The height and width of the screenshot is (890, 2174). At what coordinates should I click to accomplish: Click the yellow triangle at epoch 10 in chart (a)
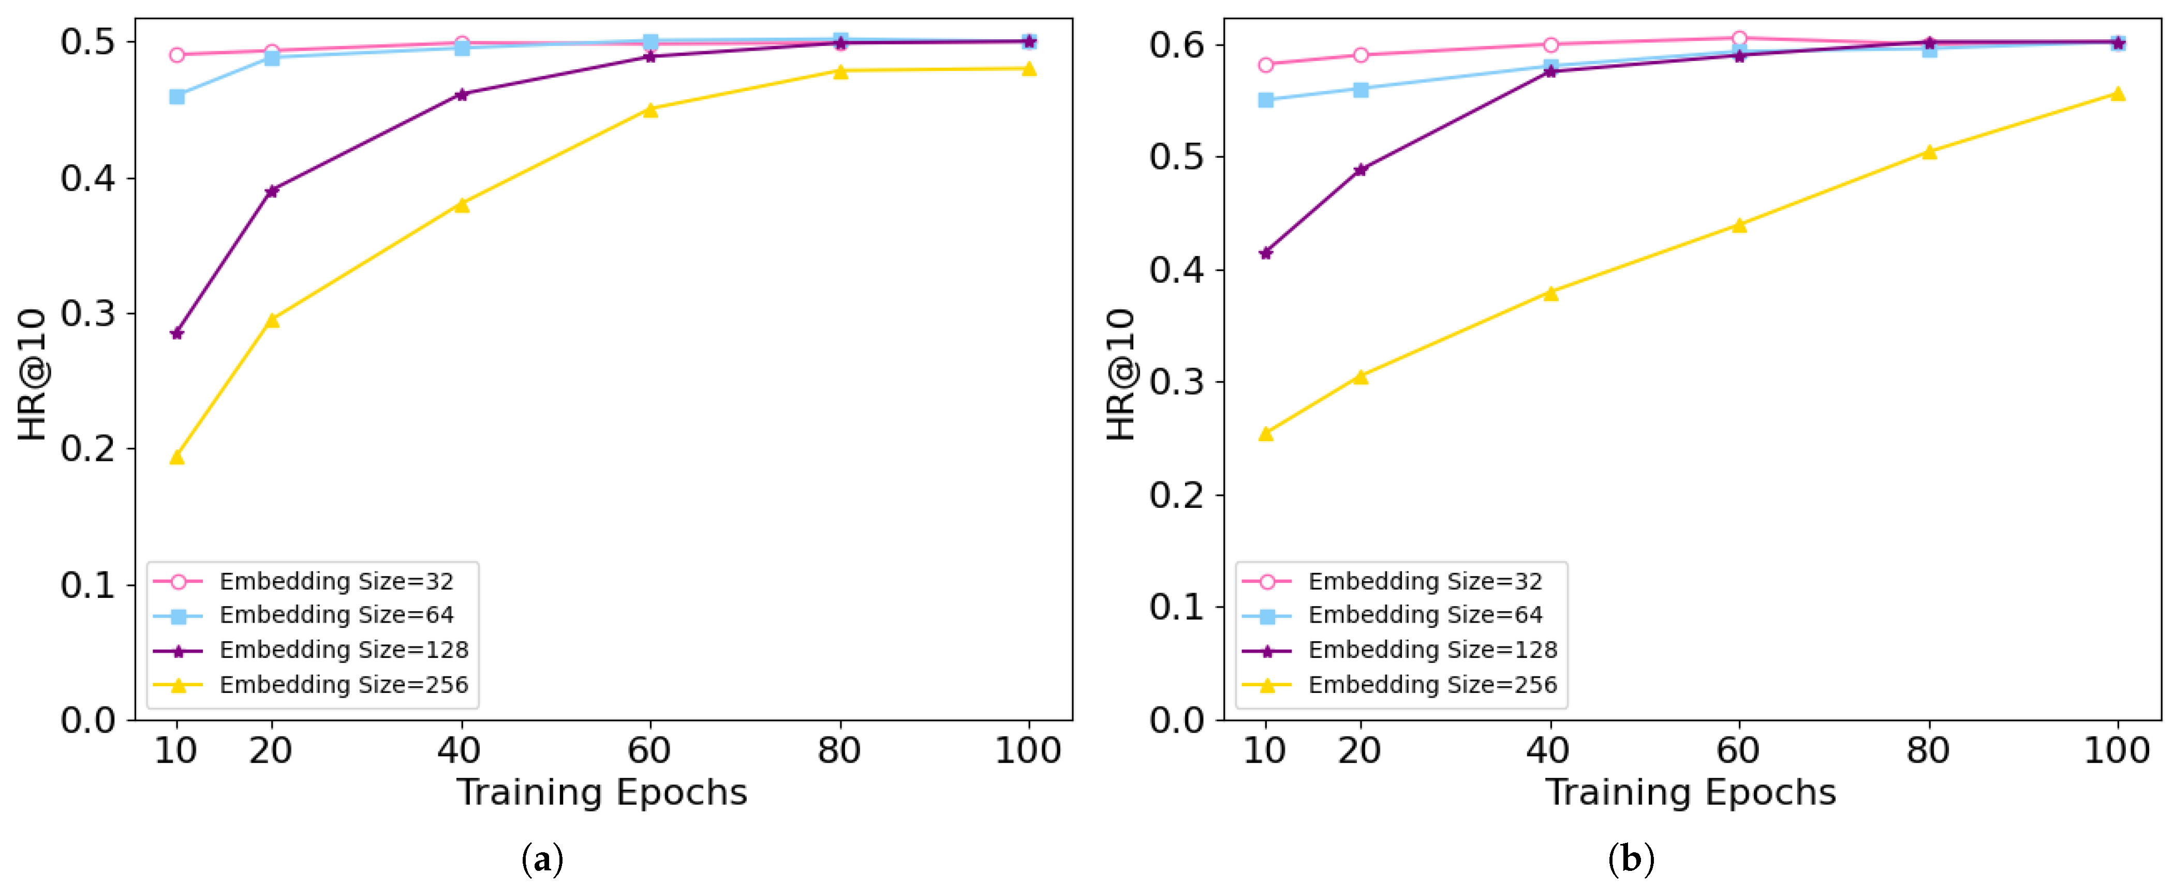point(176,457)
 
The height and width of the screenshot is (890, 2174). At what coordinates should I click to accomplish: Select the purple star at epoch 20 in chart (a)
point(272,191)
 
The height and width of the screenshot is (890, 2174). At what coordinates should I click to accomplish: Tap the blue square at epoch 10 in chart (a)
point(176,97)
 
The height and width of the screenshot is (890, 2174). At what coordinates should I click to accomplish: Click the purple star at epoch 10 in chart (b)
point(1265,253)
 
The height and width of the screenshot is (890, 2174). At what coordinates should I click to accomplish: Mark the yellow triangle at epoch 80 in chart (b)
point(1928,152)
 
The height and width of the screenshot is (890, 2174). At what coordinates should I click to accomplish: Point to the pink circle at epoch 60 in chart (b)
point(1739,38)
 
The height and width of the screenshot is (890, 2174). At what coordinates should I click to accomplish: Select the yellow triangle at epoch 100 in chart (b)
point(2118,94)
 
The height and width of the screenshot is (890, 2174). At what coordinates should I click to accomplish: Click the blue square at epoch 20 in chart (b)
point(1360,89)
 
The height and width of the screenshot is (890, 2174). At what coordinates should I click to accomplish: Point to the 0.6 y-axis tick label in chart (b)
point(1176,44)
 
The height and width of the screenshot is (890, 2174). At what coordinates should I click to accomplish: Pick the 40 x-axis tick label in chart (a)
point(460,750)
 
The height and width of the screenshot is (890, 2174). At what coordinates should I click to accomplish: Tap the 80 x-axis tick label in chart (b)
point(1928,750)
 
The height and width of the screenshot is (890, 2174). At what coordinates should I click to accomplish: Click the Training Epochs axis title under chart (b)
point(1691,793)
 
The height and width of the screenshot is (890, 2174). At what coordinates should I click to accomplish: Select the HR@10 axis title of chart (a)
point(32,374)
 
